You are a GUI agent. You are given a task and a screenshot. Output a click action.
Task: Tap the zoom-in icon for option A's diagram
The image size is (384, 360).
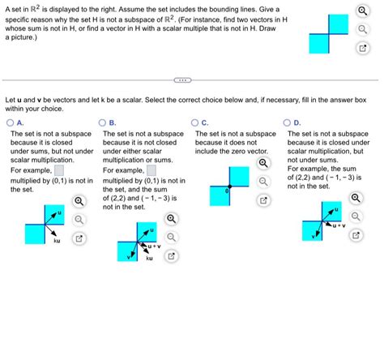(x=79, y=200)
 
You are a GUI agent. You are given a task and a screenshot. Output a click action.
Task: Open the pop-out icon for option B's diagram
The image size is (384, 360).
(x=171, y=256)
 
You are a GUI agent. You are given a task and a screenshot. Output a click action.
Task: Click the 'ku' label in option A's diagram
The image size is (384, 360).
(x=57, y=241)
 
